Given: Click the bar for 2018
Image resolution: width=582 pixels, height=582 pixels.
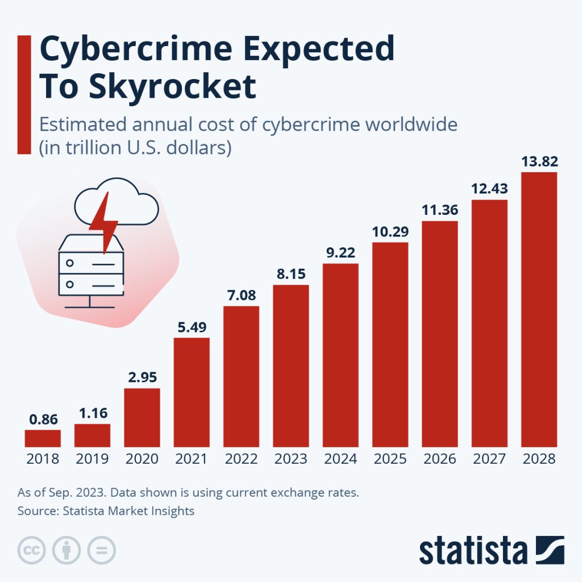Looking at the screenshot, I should point(43,438).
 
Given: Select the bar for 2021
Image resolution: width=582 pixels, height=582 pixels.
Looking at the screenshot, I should point(192,392).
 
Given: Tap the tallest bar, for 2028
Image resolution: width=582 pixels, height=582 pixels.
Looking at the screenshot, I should point(539,310).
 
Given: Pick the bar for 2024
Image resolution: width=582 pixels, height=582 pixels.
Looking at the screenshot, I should point(340,355).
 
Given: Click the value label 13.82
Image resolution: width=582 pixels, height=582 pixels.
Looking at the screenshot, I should point(539,162).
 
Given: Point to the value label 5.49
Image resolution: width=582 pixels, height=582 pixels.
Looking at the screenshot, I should point(192,327).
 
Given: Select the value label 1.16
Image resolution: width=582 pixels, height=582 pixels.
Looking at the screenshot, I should point(92,413).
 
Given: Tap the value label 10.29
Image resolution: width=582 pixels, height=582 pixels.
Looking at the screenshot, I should point(390,232).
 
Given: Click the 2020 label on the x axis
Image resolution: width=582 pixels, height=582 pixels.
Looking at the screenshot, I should point(142,459).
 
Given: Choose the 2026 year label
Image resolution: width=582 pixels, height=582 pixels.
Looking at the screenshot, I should point(439,459).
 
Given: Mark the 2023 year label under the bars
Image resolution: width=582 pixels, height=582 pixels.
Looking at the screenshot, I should point(290,459).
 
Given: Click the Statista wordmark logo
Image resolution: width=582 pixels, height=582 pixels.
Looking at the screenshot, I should point(491,550).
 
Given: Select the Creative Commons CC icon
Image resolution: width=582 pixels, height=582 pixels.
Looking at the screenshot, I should point(31,550).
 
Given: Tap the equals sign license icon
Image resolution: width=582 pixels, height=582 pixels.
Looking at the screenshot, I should point(102,550).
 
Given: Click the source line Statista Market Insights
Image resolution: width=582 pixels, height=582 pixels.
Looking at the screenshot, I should point(106,511).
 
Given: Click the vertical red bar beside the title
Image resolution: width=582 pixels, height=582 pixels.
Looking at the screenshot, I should point(24,94).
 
